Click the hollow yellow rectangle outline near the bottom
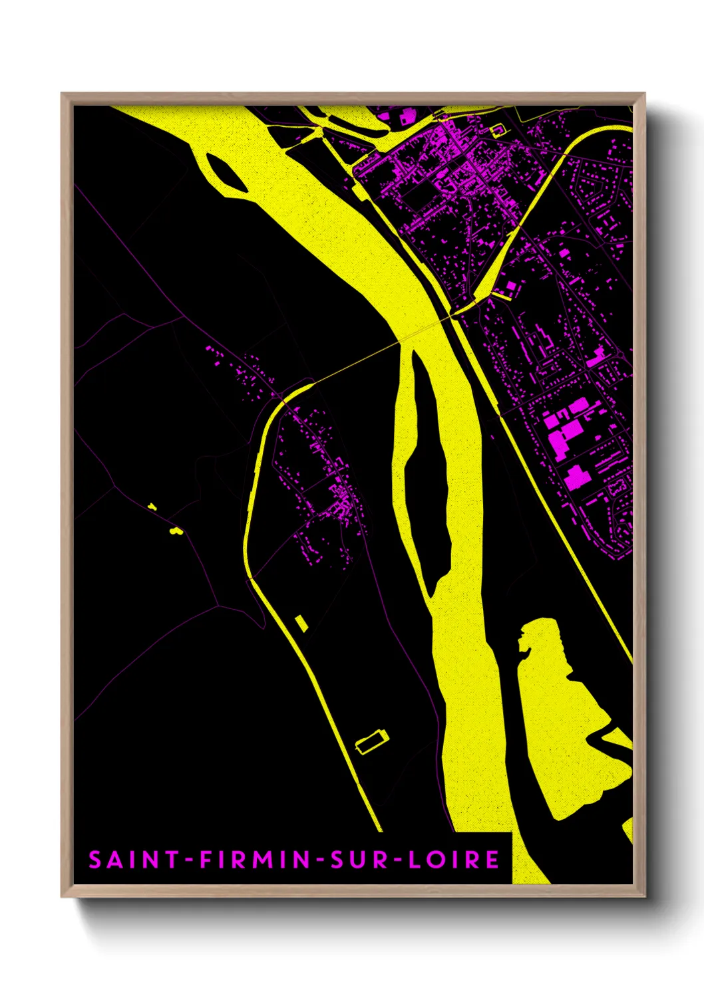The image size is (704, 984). [x=372, y=740]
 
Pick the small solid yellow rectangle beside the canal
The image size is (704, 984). [x=301, y=623]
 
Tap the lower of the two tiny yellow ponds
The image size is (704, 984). [x=176, y=531]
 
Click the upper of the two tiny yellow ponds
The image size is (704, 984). [x=152, y=507]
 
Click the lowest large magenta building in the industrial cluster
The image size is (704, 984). [x=576, y=477]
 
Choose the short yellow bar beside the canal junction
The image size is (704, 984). [x=502, y=295]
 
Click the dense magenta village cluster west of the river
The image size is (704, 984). [x=339, y=505]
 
